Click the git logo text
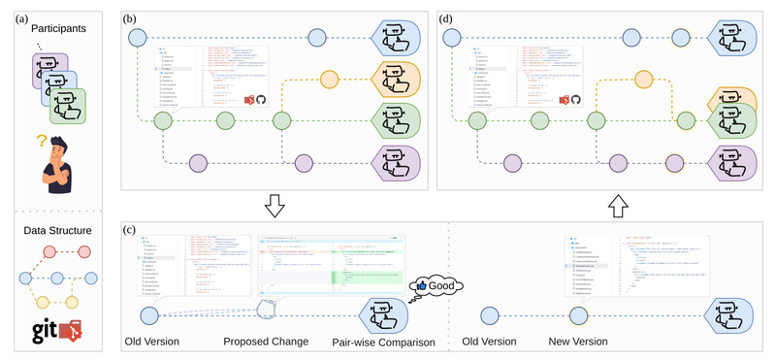[39, 331]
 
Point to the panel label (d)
[446, 17]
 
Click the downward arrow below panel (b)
[275, 206]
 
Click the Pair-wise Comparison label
[380, 343]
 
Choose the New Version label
[579, 343]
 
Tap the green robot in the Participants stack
[67, 106]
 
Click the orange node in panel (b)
[330, 80]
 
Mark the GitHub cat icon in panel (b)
[260, 99]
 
